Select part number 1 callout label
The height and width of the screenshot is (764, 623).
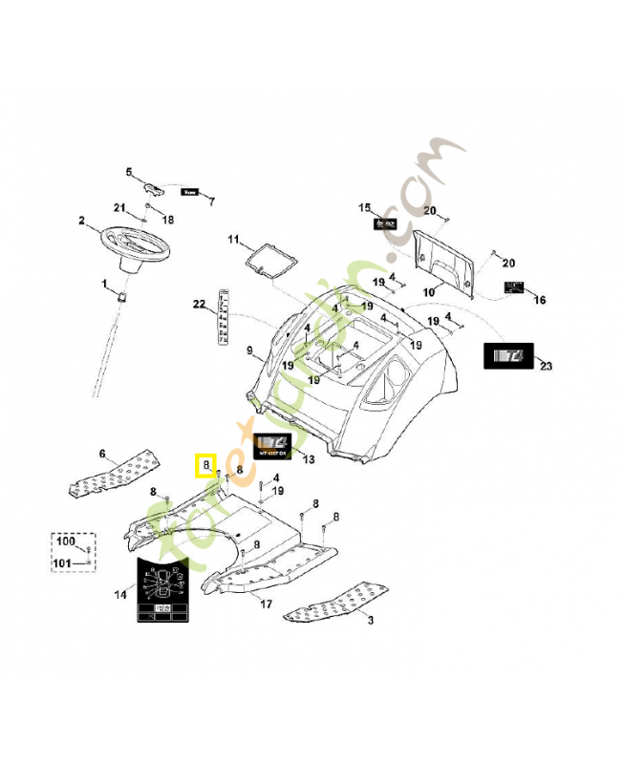105,284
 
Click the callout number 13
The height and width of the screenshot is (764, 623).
307,459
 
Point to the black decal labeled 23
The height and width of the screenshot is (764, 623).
510,356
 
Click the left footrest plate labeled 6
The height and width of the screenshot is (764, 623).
111,475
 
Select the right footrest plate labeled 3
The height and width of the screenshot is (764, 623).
333,599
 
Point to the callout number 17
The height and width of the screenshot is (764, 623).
266,604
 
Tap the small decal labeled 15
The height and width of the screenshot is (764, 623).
385,223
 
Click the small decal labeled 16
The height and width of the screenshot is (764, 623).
515,287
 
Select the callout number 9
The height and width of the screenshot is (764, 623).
249,351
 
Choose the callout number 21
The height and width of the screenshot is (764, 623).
119,208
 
